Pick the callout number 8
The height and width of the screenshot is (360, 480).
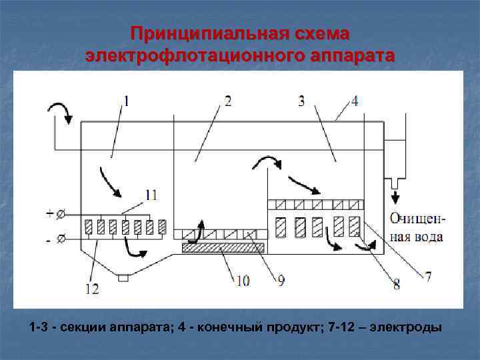tap(396, 285)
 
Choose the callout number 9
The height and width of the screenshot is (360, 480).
tap(280, 281)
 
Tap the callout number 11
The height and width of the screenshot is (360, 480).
tap(151, 195)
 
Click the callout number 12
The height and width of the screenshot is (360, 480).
tap(92, 288)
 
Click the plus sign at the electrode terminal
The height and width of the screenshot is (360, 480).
tap(51, 213)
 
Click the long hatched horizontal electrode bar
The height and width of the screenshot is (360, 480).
tap(223, 248)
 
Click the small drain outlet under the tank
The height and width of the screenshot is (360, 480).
tap(122, 278)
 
